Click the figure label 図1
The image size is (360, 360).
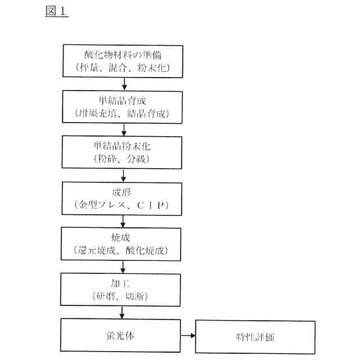56,12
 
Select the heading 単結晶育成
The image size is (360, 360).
122,101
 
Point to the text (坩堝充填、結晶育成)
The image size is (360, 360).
122,114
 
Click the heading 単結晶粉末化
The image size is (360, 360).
122,146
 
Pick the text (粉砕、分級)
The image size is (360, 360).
122,159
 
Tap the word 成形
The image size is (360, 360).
122,191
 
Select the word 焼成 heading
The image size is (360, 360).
122,236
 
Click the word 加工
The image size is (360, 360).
122,281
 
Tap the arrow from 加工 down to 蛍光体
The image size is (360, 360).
122,311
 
